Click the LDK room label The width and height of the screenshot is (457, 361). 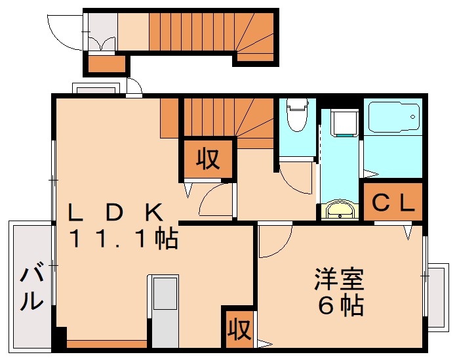tap(117, 211)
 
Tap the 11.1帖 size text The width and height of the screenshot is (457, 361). tap(125, 239)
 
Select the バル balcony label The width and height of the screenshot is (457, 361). tap(31, 287)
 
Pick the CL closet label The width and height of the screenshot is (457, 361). tap(393, 203)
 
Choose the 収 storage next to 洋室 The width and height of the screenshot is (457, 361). tap(239, 327)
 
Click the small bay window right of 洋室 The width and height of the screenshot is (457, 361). tap(435, 295)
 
